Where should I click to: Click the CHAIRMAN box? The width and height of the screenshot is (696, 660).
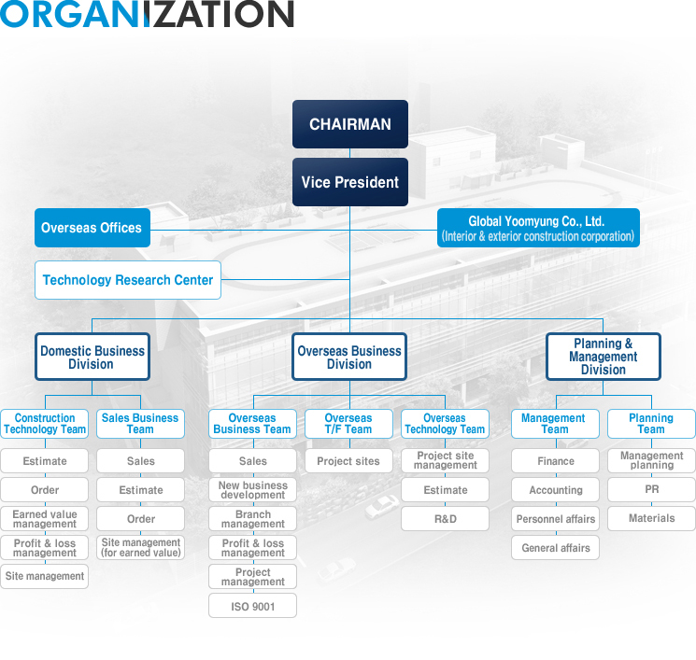click(x=350, y=124)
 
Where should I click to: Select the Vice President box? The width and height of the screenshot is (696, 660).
click(x=350, y=182)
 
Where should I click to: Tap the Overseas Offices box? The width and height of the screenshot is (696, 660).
click(x=92, y=228)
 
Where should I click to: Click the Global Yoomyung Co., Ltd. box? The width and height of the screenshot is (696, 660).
click(x=538, y=228)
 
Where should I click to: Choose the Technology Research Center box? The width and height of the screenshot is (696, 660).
click(x=128, y=280)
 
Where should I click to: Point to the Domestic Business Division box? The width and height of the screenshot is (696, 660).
click(x=92, y=358)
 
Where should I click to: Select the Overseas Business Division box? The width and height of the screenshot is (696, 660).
click(x=349, y=358)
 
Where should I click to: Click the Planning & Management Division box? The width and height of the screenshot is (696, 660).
click(x=604, y=358)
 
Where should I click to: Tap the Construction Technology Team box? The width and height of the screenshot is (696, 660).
click(x=45, y=424)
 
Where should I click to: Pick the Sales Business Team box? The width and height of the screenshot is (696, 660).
click(x=140, y=424)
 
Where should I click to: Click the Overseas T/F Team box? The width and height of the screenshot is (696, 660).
click(x=348, y=424)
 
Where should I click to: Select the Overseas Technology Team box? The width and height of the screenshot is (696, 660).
click(x=445, y=424)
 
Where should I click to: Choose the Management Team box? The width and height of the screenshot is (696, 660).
click(x=555, y=424)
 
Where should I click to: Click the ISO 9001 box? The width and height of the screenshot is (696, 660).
click(x=252, y=606)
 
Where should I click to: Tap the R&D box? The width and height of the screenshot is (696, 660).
click(x=446, y=519)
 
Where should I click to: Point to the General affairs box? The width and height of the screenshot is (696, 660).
click(x=556, y=548)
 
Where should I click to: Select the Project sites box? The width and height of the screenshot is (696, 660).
click(x=348, y=461)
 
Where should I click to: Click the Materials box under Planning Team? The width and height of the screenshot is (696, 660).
click(x=651, y=519)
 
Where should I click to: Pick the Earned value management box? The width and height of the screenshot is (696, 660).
click(x=45, y=519)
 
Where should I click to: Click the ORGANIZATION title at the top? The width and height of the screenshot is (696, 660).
click(x=148, y=15)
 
